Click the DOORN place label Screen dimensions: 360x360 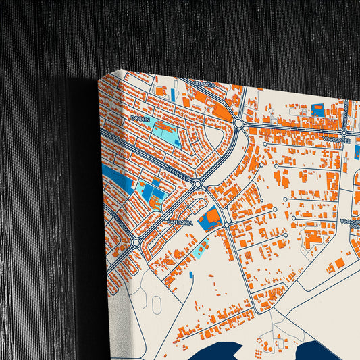140,118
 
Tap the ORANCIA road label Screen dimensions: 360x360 203,84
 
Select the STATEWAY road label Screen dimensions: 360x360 178,172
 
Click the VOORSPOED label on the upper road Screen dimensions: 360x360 335,140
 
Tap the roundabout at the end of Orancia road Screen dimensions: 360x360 239,123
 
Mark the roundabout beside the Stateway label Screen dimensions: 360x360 199,184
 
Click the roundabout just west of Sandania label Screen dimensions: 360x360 136,242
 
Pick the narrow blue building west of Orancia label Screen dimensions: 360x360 173,95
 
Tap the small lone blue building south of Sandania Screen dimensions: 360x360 190,274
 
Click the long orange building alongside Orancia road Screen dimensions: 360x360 222,110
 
